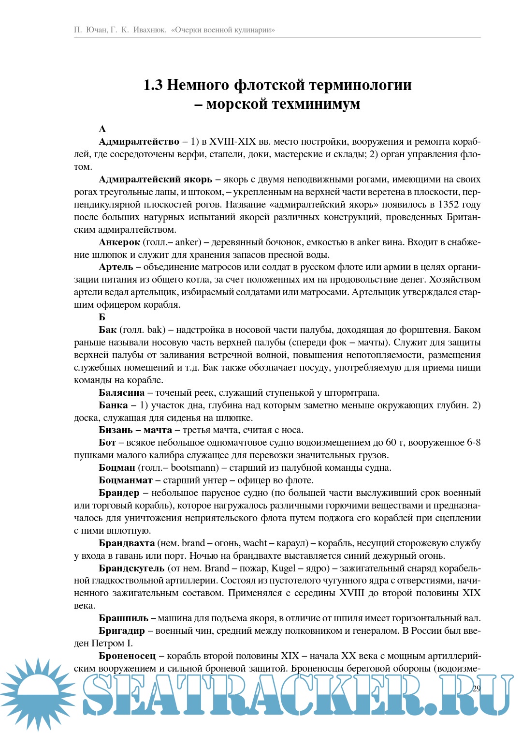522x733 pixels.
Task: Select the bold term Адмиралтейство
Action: tap(139, 142)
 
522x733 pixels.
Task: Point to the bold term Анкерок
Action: tap(119, 242)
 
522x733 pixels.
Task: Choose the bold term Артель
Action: tap(116, 267)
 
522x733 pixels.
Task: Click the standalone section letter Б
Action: tap(102, 317)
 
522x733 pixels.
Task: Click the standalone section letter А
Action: tap(102, 129)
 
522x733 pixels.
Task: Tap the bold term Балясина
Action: tap(122, 393)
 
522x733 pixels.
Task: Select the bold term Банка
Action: tap(114, 405)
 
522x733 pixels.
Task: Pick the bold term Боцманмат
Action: tap(126, 480)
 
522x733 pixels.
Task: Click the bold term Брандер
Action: tap(119, 493)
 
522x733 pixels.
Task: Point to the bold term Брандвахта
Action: tap(127, 543)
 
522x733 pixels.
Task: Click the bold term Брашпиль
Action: tap(124, 618)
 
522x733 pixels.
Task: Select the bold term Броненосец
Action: tap(128, 656)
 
